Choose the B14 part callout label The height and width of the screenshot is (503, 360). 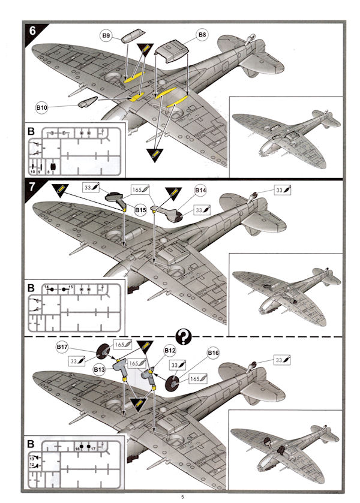point(200,190)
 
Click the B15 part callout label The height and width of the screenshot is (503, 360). point(140,210)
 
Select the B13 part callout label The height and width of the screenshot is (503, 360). point(100,370)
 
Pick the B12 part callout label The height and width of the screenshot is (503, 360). point(170,349)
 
